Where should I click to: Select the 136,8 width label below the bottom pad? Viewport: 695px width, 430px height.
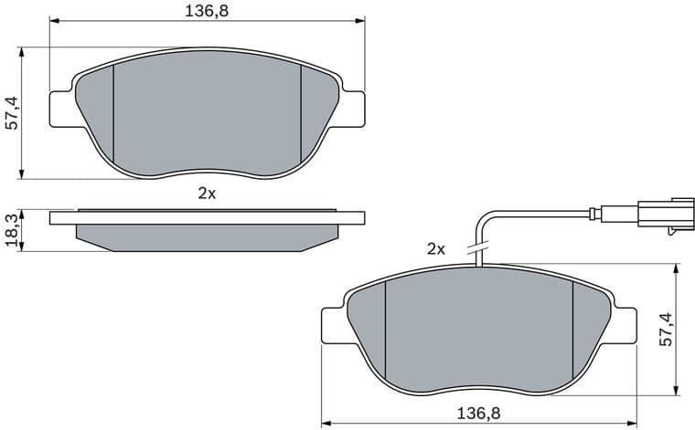pyautogui.click(x=479, y=414)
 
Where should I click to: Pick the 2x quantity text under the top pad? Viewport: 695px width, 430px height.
pyautogui.click(x=206, y=194)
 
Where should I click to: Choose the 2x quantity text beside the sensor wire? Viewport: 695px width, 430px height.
pyautogui.click(x=435, y=248)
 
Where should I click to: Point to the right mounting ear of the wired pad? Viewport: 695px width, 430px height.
pyautogui.click(x=623, y=325)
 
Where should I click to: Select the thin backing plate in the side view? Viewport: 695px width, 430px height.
pyautogui.click(x=206, y=217)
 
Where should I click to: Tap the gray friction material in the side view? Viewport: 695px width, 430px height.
pyautogui.click(x=206, y=236)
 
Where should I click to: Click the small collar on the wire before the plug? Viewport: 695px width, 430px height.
pyautogui.click(x=595, y=215)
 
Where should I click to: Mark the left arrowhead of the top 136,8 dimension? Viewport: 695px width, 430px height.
pyautogui.click(x=53, y=22)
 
